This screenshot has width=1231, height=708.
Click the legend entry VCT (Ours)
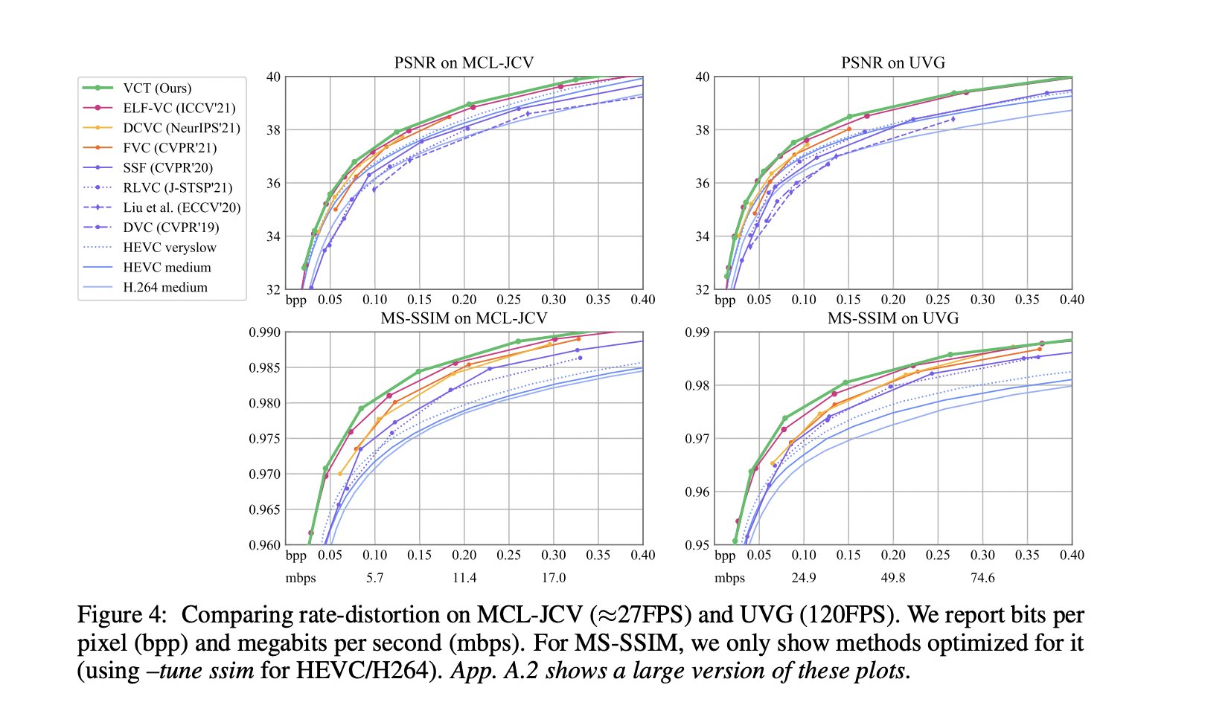tap(157, 88)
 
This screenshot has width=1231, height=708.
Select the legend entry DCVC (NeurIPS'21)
tap(181, 128)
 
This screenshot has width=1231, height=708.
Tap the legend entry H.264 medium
tap(164, 287)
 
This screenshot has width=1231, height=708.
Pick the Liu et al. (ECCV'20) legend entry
tap(182, 207)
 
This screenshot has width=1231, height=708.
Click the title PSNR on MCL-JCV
tap(464, 62)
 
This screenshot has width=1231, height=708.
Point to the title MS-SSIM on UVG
tap(892, 318)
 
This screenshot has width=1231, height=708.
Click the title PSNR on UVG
tap(892, 62)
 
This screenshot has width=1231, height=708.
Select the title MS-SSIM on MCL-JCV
tap(464, 318)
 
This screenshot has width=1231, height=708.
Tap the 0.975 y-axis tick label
tap(264, 439)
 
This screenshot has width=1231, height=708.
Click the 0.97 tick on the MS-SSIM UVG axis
tap(698, 439)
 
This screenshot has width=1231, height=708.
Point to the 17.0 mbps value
tap(553, 578)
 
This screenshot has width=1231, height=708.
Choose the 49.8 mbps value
tap(892, 578)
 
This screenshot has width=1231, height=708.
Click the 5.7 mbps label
tap(374, 578)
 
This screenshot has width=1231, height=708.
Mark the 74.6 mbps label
tap(982, 578)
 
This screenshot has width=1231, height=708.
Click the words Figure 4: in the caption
tap(123, 616)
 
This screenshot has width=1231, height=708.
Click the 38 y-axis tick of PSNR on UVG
tap(702, 130)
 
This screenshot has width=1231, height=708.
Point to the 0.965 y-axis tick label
tap(264, 509)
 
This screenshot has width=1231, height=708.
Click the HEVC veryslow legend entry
tap(170, 248)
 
